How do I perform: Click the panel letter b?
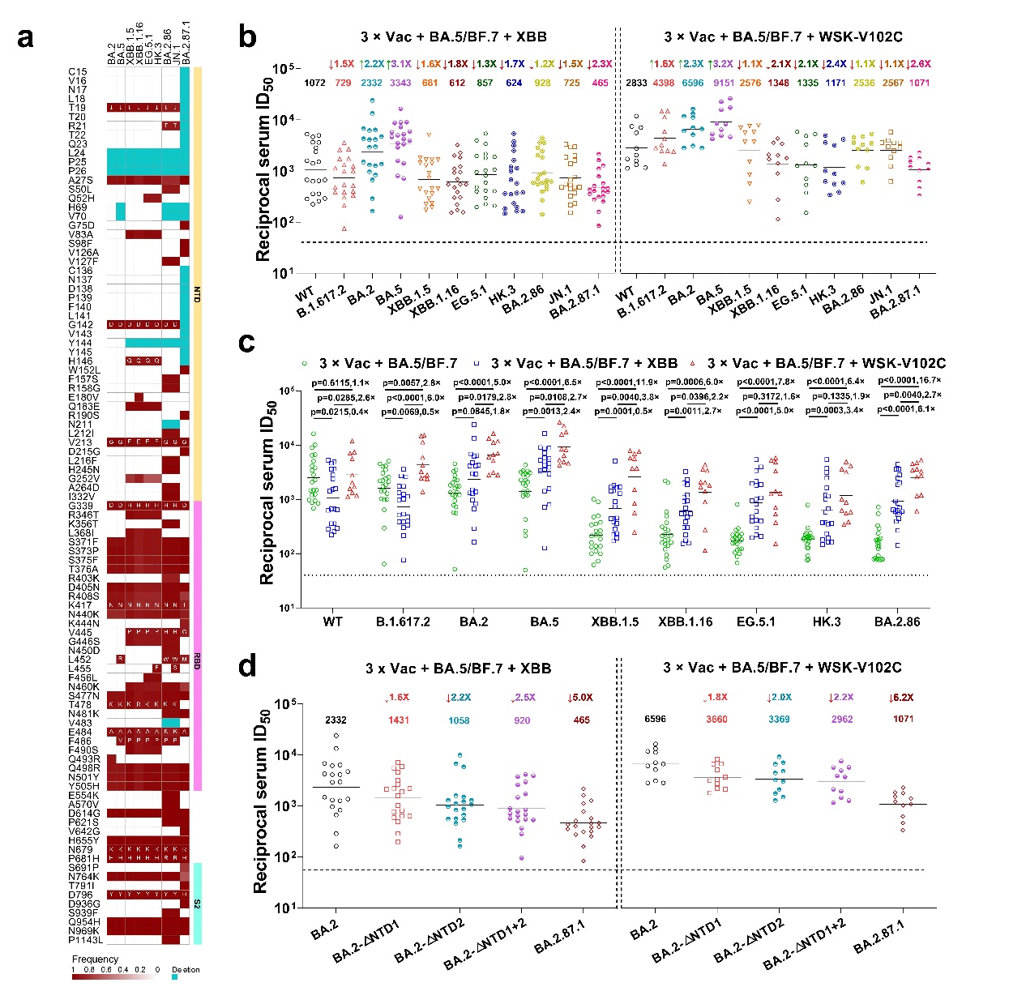point(247,36)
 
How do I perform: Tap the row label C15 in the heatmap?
point(77,72)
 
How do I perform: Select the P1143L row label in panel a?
point(85,940)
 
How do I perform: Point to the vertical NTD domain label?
point(197,294)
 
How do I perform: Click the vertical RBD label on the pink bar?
point(197,660)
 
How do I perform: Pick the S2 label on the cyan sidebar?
point(197,904)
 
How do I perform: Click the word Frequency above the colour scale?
point(95,959)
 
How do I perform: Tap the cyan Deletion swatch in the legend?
point(174,977)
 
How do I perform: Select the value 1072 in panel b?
point(314,83)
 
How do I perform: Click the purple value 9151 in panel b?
point(724,83)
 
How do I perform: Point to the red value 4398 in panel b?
point(664,83)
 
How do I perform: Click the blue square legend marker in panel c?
point(478,364)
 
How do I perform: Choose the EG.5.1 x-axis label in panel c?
point(755,622)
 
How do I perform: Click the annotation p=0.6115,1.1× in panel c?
point(340,382)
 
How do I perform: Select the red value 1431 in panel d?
point(399,720)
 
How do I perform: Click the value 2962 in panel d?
point(842,719)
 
